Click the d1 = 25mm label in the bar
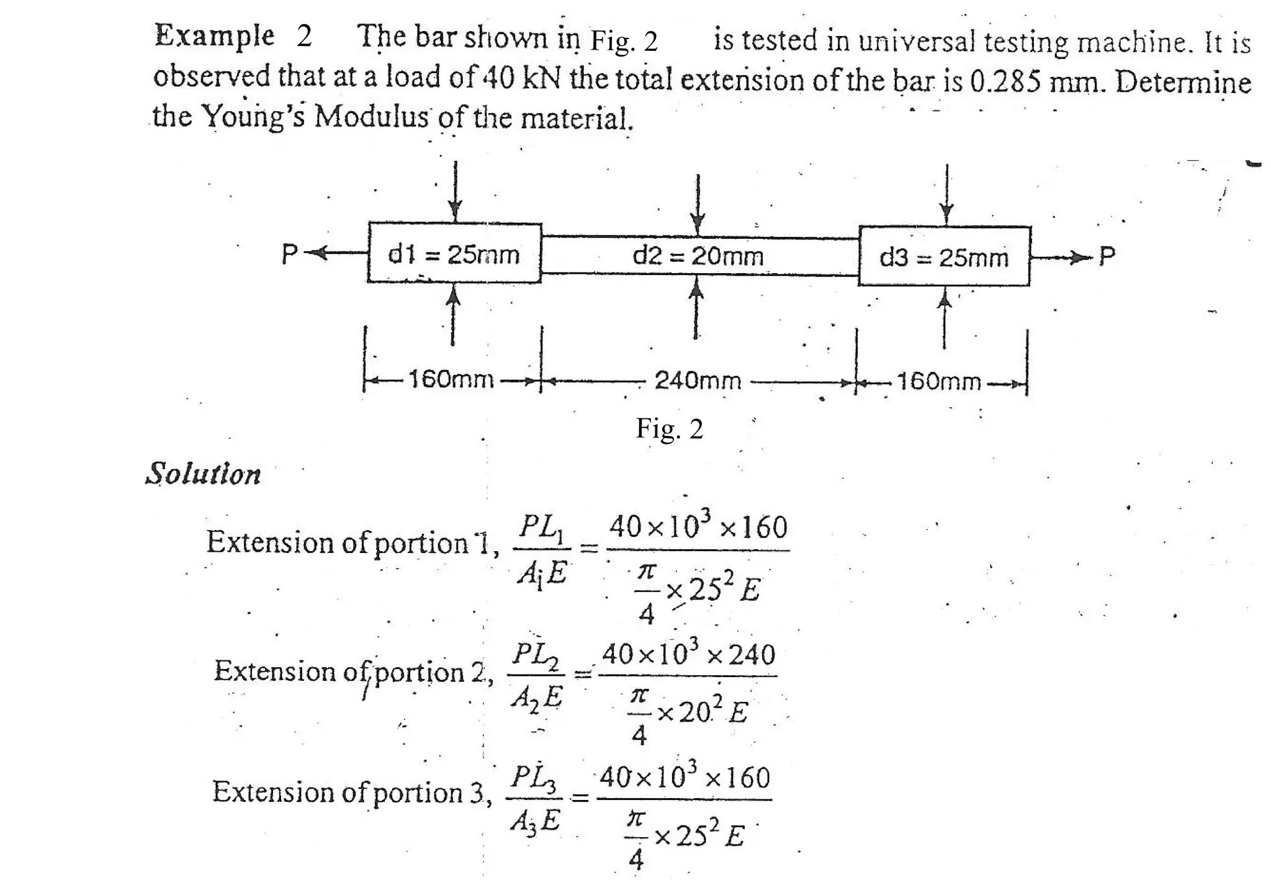453,254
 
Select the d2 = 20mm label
698,256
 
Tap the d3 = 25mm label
944,258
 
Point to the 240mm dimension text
698,380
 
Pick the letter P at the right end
1107,256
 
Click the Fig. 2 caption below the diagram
669,429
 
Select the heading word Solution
204,474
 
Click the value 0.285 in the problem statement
1004,82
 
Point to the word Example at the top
214,35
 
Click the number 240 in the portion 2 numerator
752,654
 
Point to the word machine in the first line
1131,42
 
